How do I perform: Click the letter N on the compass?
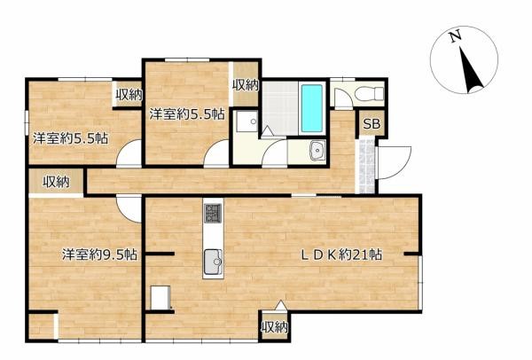(456, 36)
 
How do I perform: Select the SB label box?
(372, 124)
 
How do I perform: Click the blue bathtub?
(312, 108)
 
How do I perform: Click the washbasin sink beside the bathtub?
(317, 150)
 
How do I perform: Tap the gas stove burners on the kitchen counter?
(213, 213)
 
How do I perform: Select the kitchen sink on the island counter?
(213, 262)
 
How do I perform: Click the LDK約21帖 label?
(341, 254)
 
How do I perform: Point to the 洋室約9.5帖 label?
(99, 254)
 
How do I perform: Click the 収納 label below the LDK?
(275, 327)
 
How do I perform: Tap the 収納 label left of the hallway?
(56, 183)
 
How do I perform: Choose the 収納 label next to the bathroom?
(246, 85)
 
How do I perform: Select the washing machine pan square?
(247, 121)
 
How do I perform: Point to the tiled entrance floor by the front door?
(365, 165)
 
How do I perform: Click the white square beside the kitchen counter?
(160, 298)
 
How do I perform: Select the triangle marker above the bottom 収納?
(280, 305)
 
